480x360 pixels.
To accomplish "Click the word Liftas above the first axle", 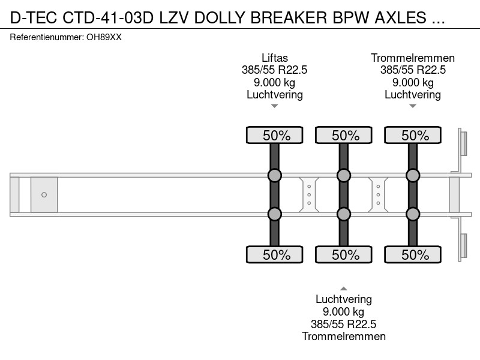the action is click(x=275, y=58).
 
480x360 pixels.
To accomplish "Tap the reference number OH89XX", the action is click(x=104, y=37).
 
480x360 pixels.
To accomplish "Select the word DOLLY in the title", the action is click(x=220, y=17).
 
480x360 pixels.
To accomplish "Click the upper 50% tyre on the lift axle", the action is click(x=275, y=135).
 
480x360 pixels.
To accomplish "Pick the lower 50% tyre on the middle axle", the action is click(x=344, y=254).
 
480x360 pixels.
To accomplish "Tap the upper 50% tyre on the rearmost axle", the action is click(x=413, y=135).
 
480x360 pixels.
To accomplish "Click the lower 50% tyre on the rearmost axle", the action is click(x=413, y=254).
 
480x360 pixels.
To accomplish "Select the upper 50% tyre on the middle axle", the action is click(x=344, y=135).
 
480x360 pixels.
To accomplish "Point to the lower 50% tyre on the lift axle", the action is click(x=275, y=254).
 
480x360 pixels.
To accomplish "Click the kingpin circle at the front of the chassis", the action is click(x=44, y=194).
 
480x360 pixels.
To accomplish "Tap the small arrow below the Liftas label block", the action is click(x=275, y=106).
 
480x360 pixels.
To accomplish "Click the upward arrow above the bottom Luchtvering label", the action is click(x=344, y=289).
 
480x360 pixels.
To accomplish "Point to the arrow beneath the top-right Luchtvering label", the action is click(x=413, y=106).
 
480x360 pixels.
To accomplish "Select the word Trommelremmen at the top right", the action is click(x=413, y=58).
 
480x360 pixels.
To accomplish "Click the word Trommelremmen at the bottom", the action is click(x=344, y=337).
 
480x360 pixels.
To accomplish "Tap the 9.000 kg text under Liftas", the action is click(x=275, y=82).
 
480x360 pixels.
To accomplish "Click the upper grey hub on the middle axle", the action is click(x=344, y=175).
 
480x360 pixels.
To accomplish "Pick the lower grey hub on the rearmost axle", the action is click(x=413, y=214).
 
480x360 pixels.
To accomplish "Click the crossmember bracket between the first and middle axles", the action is click(x=309, y=194).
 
